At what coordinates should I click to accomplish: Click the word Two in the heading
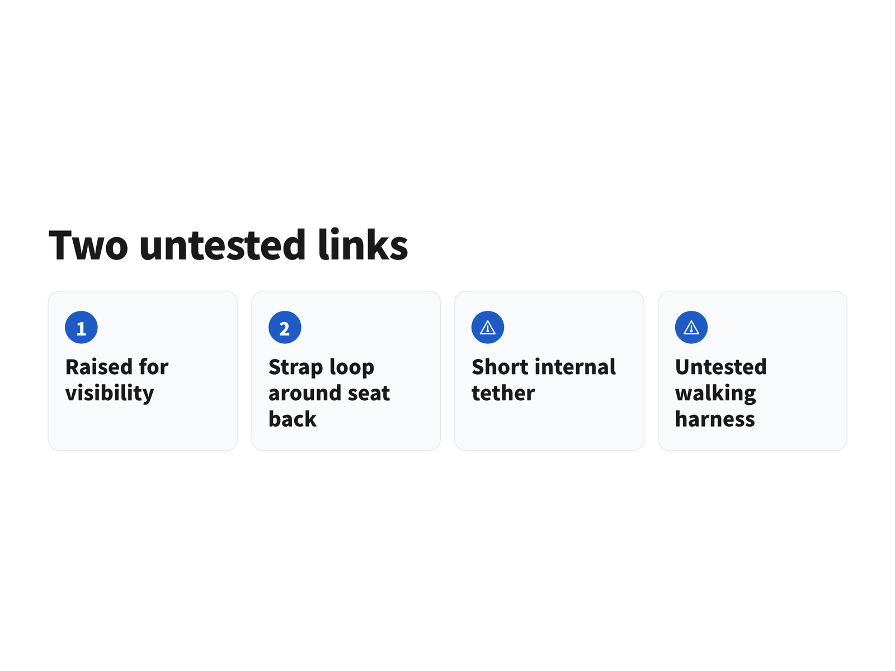88,245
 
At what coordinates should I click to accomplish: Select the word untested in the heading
223,244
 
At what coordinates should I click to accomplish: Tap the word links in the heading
363,244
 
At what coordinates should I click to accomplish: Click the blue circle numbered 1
81,327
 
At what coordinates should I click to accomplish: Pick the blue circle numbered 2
285,327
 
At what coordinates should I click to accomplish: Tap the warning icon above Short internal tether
488,327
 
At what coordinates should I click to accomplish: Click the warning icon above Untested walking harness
691,327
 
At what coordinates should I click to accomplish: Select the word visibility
110,394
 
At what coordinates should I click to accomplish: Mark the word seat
369,394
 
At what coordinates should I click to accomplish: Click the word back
293,419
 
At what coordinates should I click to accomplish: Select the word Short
500,367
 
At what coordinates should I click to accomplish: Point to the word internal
576,367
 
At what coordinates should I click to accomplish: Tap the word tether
503,393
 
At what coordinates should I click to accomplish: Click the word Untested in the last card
721,367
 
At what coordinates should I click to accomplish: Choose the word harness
715,419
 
